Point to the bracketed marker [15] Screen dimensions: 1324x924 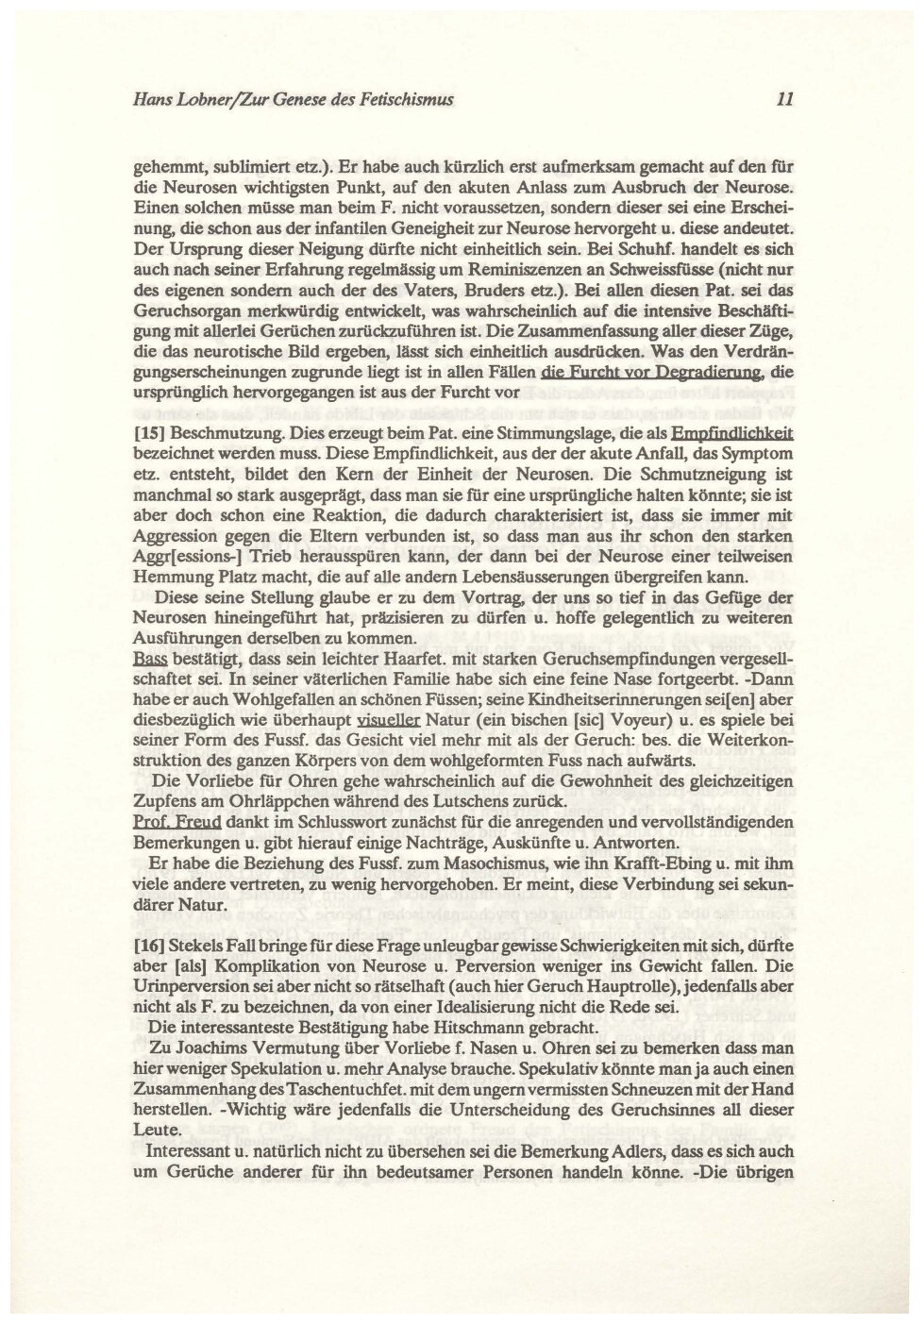(x=150, y=434)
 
